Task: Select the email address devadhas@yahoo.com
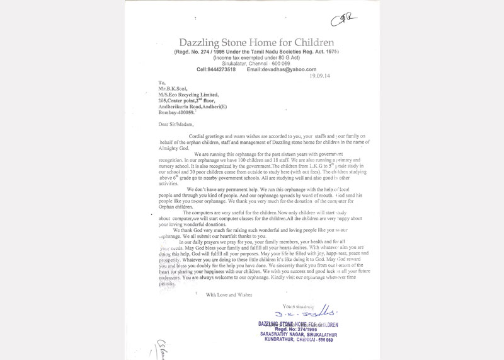pos(281,69)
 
